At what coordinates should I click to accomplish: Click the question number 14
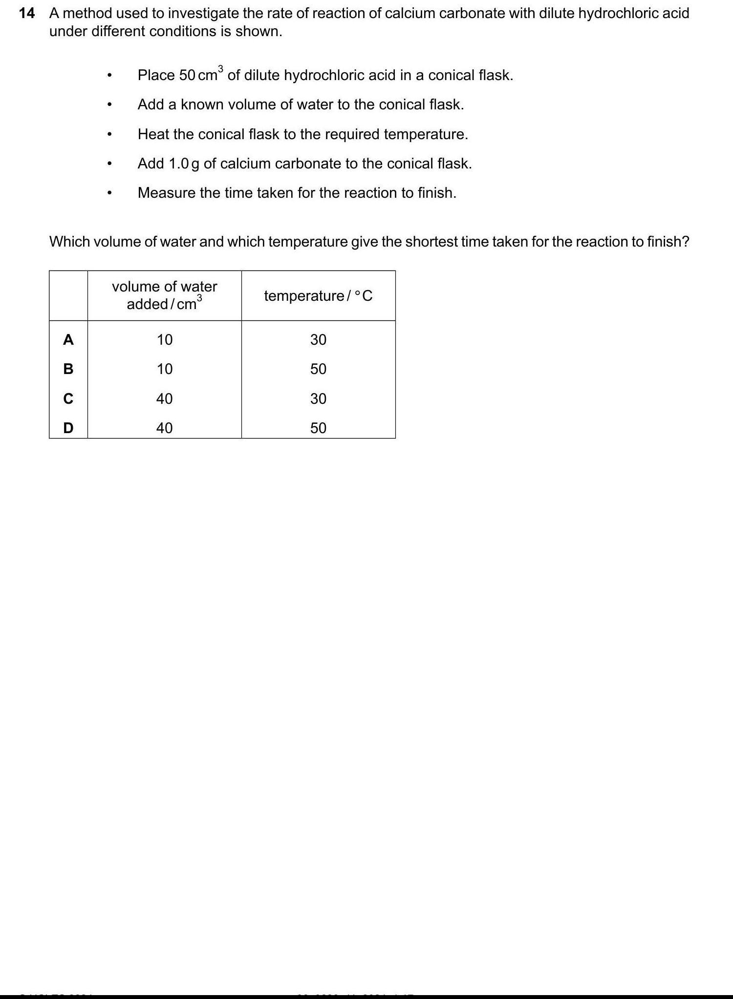(27, 13)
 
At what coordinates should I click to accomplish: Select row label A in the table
(68, 339)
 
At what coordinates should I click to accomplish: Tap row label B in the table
(68, 369)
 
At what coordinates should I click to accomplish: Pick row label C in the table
(68, 399)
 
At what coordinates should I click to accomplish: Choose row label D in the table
(68, 428)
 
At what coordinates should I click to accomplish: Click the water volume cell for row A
(165, 339)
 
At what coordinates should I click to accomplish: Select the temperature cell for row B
(318, 369)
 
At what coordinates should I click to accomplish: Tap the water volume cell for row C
(165, 399)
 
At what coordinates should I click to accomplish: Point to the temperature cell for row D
(318, 428)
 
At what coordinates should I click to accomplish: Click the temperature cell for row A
(318, 339)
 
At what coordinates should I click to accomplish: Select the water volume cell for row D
(165, 428)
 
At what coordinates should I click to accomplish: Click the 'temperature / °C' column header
(318, 296)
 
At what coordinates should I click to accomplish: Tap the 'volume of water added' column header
(165, 295)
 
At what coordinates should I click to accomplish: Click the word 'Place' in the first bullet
(156, 75)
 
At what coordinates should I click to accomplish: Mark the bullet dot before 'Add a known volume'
(110, 105)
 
